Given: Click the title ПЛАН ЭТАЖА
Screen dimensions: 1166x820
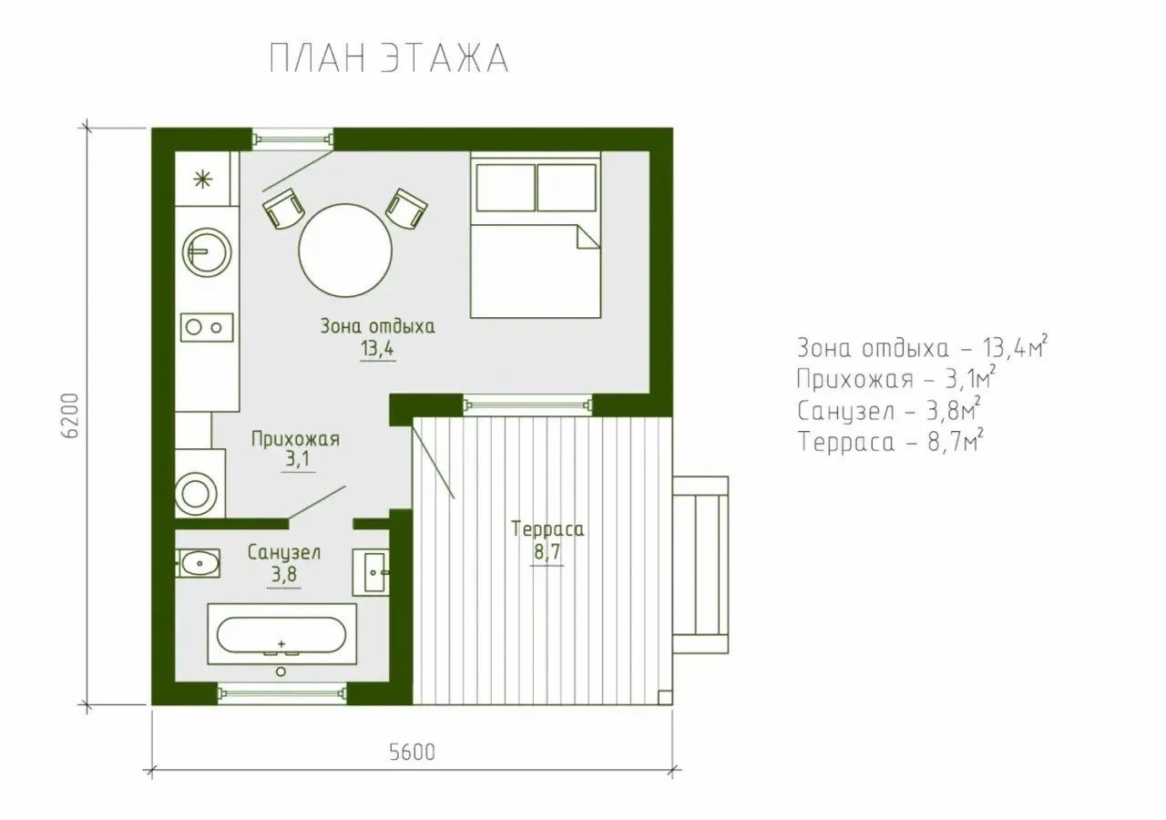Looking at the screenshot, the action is [x=389, y=58].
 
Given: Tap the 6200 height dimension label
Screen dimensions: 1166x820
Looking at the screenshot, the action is [x=70, y=415].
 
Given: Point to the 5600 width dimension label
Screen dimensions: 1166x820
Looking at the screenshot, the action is [x=412, y=753].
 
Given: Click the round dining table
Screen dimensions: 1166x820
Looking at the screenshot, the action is [x=345, y=251].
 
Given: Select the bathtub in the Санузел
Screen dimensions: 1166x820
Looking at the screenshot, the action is [x=281, y=634].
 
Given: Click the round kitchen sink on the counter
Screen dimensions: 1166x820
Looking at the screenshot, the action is [x=207, y=252].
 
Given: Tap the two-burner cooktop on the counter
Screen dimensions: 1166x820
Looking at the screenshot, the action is [x=207, y=327].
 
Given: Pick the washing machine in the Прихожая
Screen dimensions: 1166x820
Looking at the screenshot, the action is [x=199, y=484].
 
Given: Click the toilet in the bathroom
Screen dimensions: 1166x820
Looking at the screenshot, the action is [x=198, y=563].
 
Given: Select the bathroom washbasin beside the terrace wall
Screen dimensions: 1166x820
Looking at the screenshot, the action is [x=371, y=573].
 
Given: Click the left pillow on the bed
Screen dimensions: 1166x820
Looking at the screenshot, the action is [x=506, y=188].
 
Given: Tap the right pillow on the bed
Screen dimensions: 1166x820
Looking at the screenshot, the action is [x=567, y=188].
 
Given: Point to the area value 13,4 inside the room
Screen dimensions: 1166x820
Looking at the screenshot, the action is [x=377, y=348].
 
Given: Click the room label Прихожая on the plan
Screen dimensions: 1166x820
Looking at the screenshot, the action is [x=295, y=439].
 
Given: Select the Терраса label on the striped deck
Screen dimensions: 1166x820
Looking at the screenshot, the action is [x=547, y=529].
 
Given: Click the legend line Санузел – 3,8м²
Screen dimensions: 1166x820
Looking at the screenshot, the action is [x=888, y=411].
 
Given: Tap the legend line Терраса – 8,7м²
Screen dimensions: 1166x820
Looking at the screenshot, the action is [x=890, y=442].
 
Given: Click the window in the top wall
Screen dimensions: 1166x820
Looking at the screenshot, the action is [x=293, y=139].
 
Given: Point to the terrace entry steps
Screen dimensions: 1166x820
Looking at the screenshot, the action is [x=701, y=565].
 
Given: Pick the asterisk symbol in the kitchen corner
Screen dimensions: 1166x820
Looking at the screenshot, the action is [x=202, y=180].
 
